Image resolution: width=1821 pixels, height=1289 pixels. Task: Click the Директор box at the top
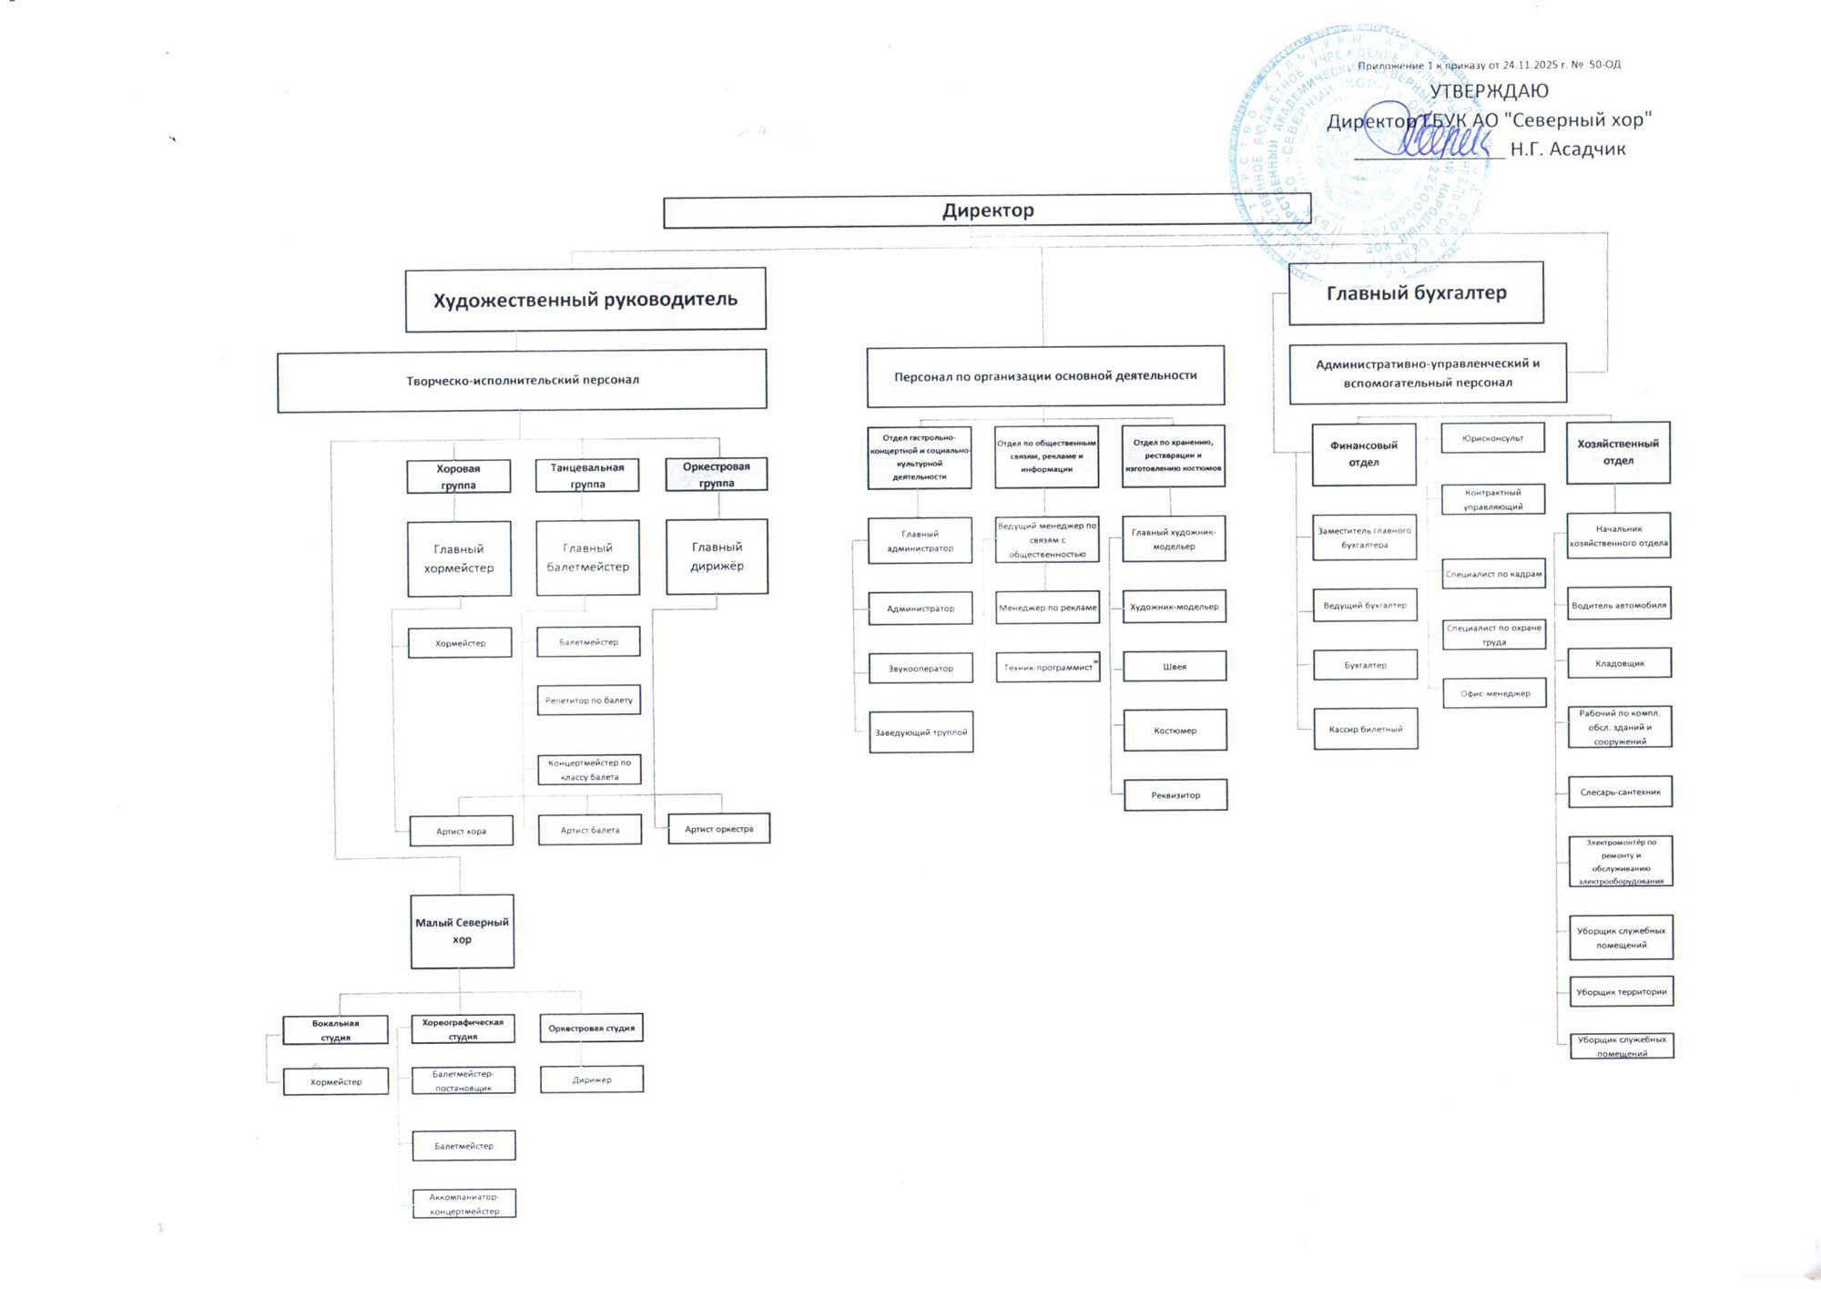987,210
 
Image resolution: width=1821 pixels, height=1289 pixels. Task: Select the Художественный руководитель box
585,299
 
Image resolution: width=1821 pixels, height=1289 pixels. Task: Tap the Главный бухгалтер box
1416,292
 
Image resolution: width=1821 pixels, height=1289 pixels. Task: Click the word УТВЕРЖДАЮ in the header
1489,91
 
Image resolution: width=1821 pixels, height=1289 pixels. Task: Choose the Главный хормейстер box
459,558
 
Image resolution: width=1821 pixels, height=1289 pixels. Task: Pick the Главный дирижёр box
717,557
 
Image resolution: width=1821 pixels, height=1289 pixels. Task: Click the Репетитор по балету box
588,701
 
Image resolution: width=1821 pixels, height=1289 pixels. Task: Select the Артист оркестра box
718,829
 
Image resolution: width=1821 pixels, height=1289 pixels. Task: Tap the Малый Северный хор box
462,931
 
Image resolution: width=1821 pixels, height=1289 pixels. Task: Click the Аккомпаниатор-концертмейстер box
463,1203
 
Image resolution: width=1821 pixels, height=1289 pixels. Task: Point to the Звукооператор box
921,669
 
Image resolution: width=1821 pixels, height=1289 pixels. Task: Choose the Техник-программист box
1047,668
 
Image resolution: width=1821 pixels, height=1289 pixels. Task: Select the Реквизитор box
1175,795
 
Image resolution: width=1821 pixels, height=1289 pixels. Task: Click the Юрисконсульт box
1492,438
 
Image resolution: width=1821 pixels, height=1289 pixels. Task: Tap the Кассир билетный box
1365,730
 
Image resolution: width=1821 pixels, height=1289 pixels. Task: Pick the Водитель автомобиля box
1618,605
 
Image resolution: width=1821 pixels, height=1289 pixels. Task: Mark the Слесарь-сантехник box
1620,793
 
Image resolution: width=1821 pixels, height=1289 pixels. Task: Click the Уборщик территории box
1621,992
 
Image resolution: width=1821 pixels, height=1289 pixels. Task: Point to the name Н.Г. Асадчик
1567,149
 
